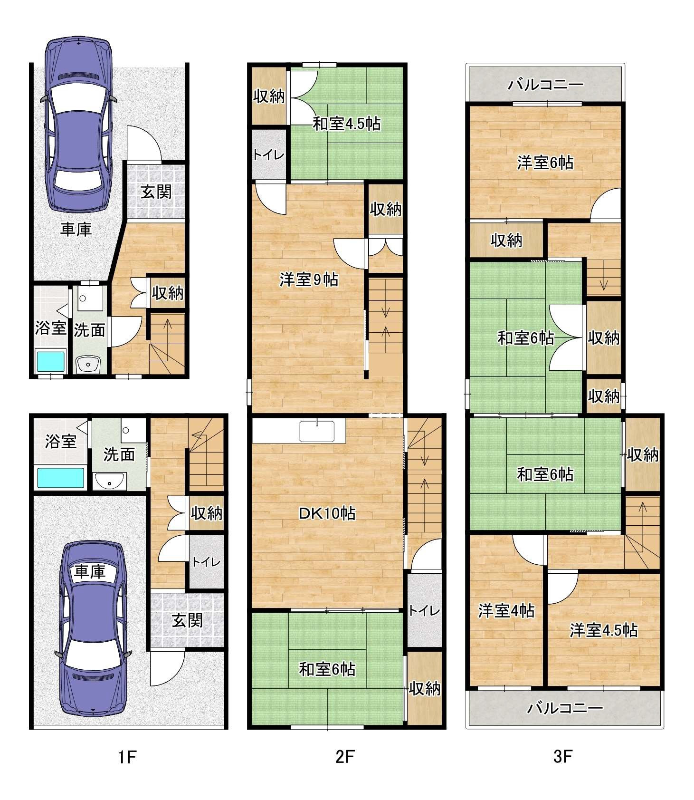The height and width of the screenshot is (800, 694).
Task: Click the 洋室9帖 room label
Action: coord(309,280)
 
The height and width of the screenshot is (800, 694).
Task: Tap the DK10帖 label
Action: coord(327,513)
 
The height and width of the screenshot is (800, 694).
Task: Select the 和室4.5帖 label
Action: coord(346,124)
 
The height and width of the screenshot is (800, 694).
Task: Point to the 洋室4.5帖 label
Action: coord(604,630)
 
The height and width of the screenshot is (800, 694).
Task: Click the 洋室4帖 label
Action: coord(506,611)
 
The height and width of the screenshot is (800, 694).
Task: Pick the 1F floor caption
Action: coord(127,757)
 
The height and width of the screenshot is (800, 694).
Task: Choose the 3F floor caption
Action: coord(562,757)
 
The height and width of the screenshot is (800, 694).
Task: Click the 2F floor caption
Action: coord(345,757)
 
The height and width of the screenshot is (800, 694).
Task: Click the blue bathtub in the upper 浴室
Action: coord(51,362)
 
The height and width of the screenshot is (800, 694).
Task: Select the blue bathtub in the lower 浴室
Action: coord(60,478)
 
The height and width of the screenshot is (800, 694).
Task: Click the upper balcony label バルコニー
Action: coord(545,86)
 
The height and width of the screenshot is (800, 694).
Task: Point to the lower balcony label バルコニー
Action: coord(565,708)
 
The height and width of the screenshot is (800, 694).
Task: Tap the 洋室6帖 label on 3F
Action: coord(545,163)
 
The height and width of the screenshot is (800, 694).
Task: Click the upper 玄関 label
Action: coord(156,192)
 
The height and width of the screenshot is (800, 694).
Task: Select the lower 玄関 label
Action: coord(188,620)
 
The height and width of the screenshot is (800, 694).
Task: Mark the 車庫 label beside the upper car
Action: coord(76,230)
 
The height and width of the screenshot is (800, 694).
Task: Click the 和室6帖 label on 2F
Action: coord(327,669)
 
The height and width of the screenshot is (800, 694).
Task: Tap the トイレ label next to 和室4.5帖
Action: coord(269,155)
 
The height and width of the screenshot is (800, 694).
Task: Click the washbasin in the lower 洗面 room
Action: coord(110,481)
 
